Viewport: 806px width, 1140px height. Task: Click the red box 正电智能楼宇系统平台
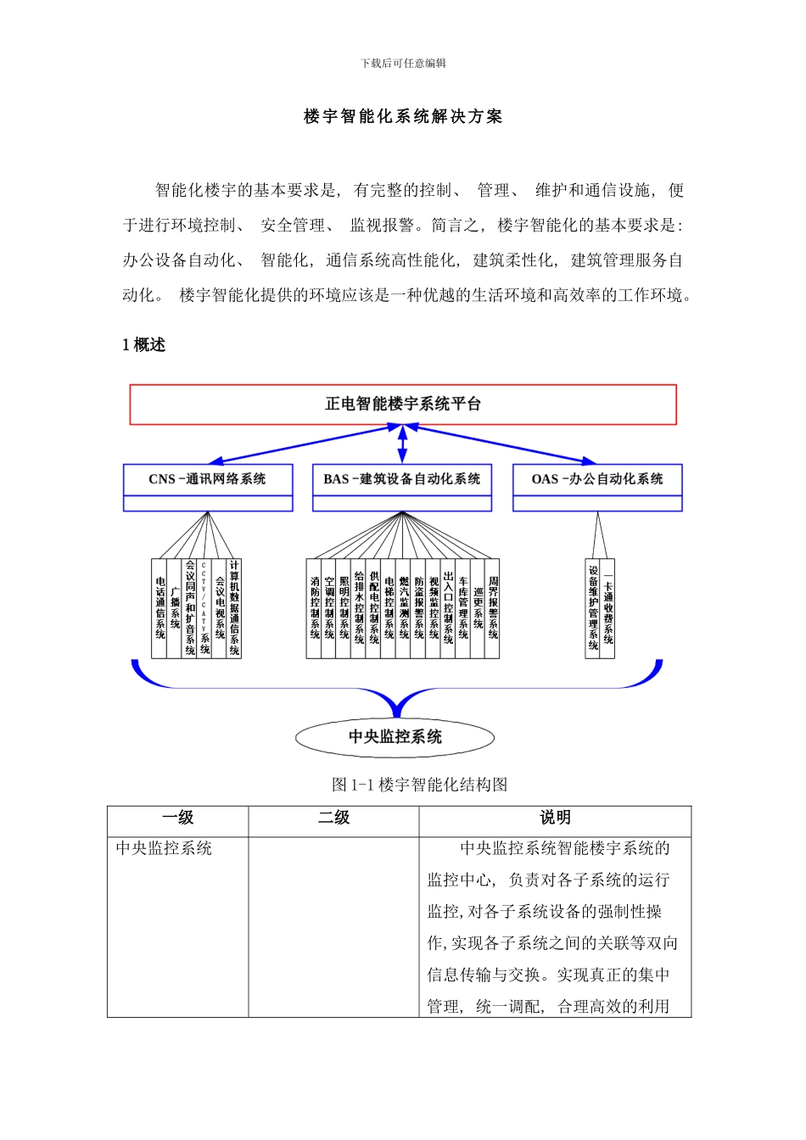pos(403,405)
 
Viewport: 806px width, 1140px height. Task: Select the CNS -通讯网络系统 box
pos(208,480)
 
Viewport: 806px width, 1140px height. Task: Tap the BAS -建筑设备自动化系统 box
pos(402,480)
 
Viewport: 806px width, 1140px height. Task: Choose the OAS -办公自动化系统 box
pos(597,480)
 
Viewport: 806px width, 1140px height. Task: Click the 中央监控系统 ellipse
pos(395,736)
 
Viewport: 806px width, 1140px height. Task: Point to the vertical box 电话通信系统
pos(160,608)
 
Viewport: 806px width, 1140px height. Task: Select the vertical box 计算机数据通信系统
pos(234,608)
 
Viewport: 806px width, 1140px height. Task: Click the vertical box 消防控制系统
pos(315,608)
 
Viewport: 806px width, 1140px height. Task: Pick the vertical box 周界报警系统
pos(493,608)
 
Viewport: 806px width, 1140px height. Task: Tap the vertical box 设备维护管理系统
pos(593,608)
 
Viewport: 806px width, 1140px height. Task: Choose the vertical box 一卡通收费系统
pos(607,608)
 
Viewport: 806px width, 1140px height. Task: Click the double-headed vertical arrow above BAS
pos(402,444)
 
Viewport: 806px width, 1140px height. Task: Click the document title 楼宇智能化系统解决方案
pos(403,117)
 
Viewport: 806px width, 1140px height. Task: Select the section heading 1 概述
pos(143,344)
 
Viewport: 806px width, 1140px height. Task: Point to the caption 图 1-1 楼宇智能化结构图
pos(419,785)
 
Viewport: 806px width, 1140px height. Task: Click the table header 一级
pos(178,818)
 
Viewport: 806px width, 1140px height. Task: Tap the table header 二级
pos(333,818)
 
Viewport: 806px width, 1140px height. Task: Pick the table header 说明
pos(555,818)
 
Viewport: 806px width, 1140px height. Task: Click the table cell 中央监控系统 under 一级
pos(164,848)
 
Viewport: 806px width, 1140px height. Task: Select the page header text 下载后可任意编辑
pos(403,64)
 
